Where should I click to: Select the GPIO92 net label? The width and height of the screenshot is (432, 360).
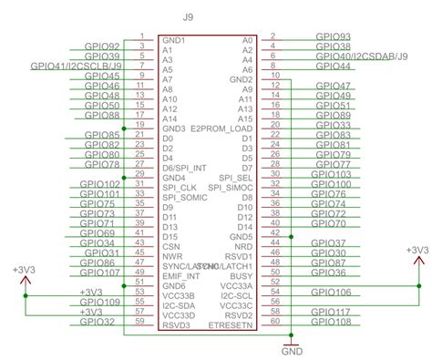(x=101, y=46)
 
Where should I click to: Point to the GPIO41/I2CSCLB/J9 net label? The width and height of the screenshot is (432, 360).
(x=76, y=66)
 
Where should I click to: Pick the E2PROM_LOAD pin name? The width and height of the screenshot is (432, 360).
(x=221, y=129)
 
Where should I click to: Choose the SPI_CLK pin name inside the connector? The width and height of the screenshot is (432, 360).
(x=180, y=188)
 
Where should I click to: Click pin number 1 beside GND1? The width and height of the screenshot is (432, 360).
(x=142, y=37)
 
